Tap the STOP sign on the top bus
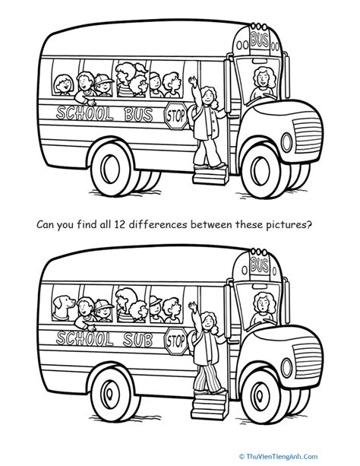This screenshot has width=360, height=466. tap(175, 116)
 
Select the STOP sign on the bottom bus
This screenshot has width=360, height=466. tap(175, 337)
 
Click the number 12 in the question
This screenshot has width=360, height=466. tap(118, 225)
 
